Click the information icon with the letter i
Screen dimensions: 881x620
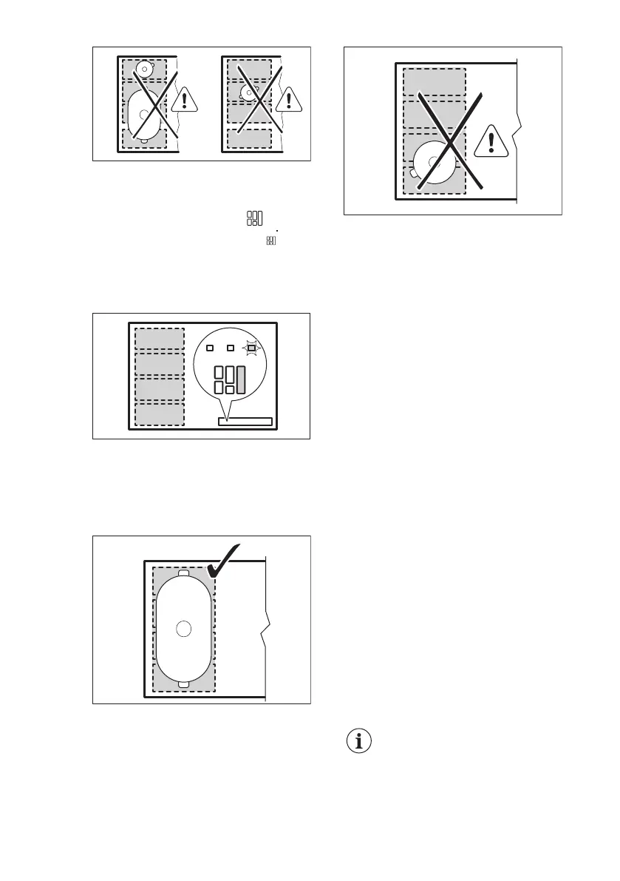point(359,742)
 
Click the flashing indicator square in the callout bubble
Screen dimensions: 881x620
point(251,348)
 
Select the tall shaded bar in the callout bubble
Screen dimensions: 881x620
point(241,379)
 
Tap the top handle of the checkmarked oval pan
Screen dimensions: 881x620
point(185,573)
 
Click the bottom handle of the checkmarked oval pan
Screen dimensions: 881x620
point(185,683)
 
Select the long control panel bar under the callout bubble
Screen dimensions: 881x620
point(245,422)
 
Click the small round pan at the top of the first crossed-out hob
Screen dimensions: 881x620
point(144,70)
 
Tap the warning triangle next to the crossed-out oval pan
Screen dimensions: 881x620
point(184,98)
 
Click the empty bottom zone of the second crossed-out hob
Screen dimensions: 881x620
point(249,138)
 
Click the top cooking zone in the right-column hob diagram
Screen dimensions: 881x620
point(434,81)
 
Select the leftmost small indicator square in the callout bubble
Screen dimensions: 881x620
point(210,348)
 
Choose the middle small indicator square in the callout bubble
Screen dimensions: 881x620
point(231,348)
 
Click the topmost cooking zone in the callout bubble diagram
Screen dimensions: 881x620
point(159,338)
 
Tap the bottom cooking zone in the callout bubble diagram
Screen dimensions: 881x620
point(159,414)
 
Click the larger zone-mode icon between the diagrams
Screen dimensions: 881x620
point(255,219)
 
